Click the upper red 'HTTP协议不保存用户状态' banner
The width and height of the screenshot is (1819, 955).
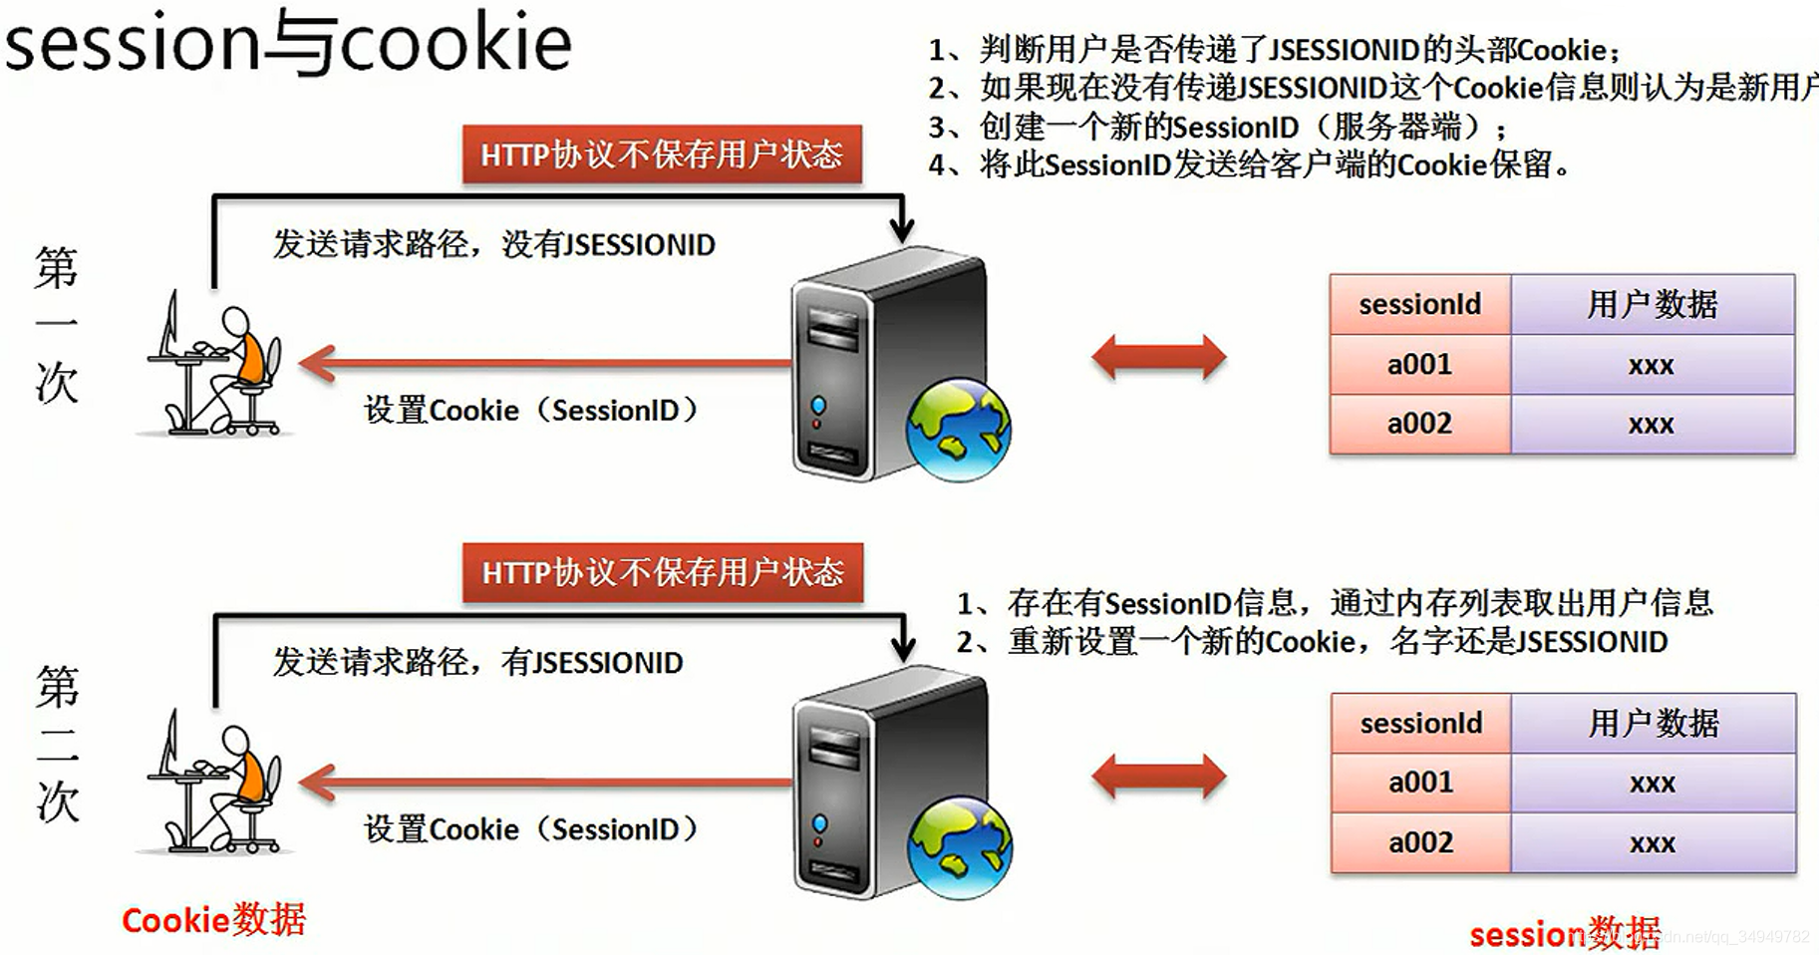click(x=662, y=155)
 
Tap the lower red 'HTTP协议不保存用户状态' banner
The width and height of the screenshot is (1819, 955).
click(x=663, y=572)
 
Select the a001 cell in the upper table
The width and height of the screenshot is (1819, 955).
click(x=1419, y=364)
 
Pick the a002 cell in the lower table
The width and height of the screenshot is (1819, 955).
click(x=1420, y=842)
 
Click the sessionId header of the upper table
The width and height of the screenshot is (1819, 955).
click(x=1419, y=304)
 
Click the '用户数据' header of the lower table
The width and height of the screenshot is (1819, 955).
click(x=1653, y=723)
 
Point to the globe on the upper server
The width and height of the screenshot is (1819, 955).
click(x=958, y=430)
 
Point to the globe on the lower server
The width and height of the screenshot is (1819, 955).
click(x=959, y=847)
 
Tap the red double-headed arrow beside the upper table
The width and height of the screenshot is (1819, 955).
click(x=1158, y=358)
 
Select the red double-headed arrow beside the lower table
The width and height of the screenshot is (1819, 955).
click(x=1158, y=777)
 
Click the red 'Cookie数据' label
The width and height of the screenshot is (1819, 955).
click(x=213, y=919)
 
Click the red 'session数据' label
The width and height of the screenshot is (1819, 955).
click(x=1563, y=933)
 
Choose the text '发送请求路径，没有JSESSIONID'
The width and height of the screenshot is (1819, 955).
click(x=493, y=244)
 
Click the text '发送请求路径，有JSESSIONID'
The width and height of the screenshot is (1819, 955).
click(x=477, y=662)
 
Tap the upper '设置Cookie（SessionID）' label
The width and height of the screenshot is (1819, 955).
click(x=530, y=410)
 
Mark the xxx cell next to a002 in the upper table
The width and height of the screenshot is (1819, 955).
click(x=1652, y=425)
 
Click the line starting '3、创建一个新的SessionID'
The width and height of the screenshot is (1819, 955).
click(x=1216, y=127)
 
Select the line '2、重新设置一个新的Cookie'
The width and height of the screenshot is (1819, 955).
click(x=1312, y=641)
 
